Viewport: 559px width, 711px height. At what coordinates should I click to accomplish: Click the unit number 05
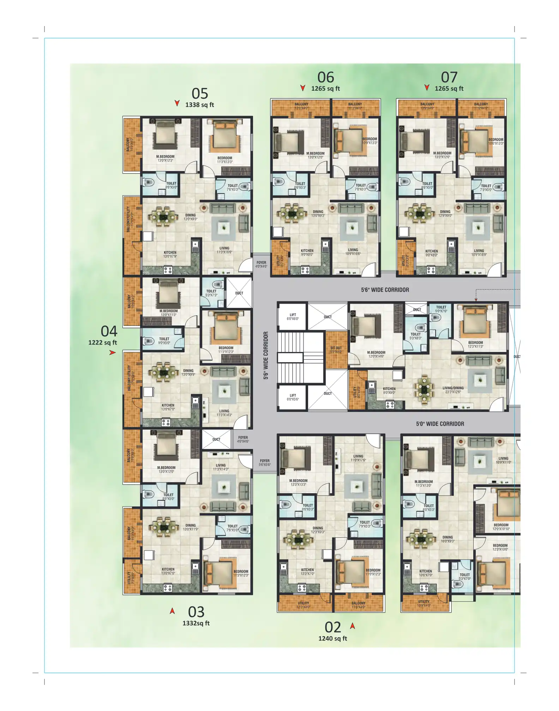click(x=200, y=94)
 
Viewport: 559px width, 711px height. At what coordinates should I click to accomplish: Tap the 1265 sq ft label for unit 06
click(x=325, y=89)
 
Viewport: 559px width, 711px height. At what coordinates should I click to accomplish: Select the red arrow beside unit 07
click(x=427, y=87)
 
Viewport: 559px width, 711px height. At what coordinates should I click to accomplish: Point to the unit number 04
click(x=109, y=332)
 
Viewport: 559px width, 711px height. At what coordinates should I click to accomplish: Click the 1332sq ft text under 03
click(x=196, y=623)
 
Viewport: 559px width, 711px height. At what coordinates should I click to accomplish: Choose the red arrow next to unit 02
click(x=352, y=626)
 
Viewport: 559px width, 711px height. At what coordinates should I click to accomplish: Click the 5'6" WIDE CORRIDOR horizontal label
click(x=385, y=290)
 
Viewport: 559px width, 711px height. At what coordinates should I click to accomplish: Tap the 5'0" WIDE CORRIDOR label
click(x=440, y=424)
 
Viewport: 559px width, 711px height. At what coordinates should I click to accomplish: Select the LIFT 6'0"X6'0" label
click(x=293, y=317)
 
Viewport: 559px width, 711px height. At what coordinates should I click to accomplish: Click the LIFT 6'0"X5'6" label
click(x=293, y=397)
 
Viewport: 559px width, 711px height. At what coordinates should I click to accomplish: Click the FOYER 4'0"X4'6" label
click(x=261, y=265)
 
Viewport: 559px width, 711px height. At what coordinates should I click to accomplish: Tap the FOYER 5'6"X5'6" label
click(x=265, y=463)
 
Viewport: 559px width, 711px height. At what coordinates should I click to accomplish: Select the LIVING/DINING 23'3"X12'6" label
click(x=453, y=390)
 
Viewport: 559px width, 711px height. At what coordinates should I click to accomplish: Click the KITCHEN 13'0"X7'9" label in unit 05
click(x=170, y=254)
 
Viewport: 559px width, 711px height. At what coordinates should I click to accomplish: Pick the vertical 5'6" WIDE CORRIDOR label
click(x=266, y=355)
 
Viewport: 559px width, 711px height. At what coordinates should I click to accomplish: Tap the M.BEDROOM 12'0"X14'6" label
click(x=376, y=354)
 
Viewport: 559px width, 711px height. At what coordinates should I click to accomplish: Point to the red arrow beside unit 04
click(x=112, y=352)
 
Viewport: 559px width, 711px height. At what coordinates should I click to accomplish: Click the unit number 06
click(x=325, y=78)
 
